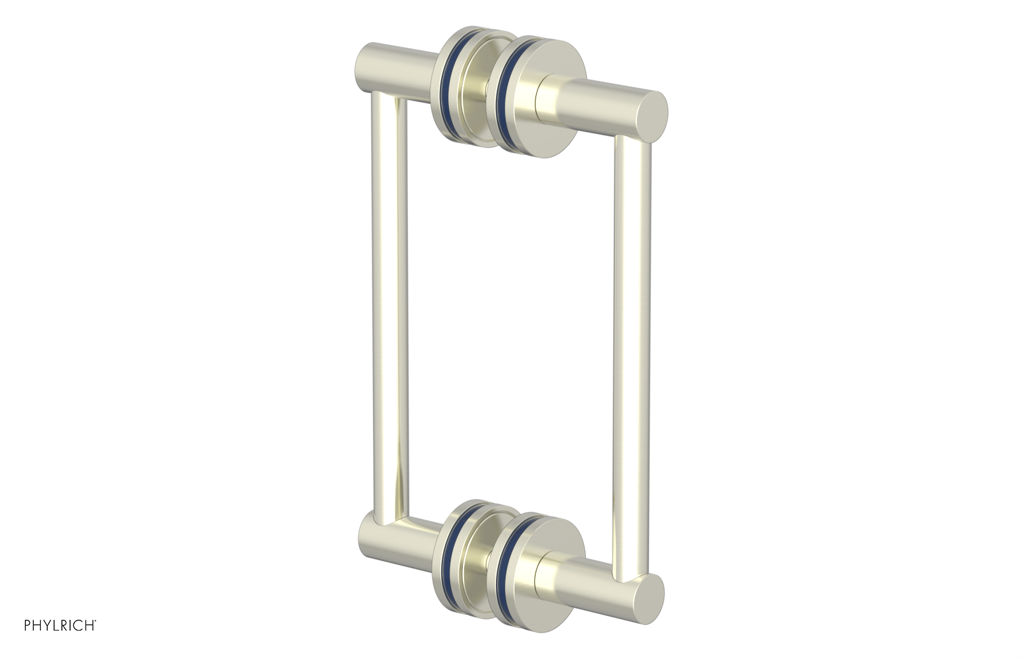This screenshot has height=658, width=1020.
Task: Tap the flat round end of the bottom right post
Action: click(650, 598)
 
